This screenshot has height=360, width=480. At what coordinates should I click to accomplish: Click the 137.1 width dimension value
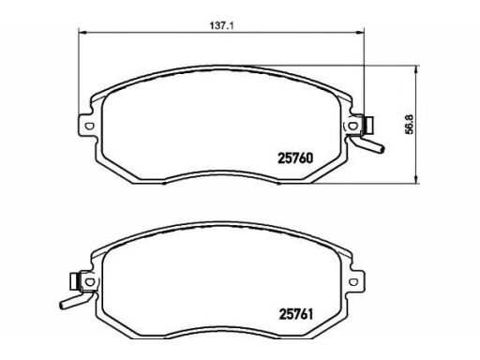[221, 25]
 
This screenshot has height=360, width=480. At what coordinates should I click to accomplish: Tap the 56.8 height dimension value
[409, 124]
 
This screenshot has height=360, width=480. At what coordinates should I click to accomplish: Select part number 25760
[295, 158]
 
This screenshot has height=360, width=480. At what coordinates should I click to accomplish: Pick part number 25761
[295, 314]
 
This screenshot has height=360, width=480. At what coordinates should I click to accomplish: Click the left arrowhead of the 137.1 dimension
[82, 32]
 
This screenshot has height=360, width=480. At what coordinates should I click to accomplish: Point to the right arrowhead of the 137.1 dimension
[360, 32]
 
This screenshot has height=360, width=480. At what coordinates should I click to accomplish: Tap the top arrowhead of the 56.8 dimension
[416, 69]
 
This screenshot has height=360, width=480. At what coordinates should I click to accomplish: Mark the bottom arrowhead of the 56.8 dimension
[416, 179]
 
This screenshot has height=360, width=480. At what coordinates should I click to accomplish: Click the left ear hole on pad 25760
[89, 126]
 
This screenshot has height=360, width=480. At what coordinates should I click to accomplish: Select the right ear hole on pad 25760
[352, 126]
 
